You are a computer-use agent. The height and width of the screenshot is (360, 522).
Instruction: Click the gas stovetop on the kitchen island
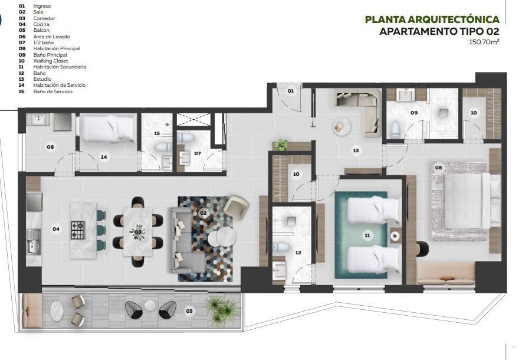click(78, 230)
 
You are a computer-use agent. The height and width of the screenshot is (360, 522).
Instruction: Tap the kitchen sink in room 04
click(34, 242)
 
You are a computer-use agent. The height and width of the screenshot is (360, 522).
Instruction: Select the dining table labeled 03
click(138, 232)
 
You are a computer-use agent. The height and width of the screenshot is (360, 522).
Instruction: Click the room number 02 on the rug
click(203, 213)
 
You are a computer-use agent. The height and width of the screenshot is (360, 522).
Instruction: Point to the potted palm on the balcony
click(221, 310)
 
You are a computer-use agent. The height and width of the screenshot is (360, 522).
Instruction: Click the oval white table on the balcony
click(57, 311)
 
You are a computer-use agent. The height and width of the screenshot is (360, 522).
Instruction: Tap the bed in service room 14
click(108, 129)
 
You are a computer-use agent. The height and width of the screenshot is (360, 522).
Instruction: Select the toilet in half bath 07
click(185, 138)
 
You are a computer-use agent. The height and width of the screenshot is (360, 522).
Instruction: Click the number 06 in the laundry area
click(50, 147)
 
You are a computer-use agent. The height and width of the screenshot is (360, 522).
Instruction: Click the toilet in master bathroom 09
click(395, 129)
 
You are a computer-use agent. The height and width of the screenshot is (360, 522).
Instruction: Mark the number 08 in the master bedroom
click(438, 168)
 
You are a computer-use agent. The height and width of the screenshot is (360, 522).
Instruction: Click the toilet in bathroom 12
click(281, 247)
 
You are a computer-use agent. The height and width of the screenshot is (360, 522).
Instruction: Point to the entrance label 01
click(291, 91)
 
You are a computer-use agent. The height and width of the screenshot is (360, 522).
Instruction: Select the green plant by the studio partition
click(282, 145)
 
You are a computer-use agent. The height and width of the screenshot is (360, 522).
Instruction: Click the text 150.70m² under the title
click(484, 42)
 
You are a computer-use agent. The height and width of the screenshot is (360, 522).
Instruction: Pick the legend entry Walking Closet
click(51, 61)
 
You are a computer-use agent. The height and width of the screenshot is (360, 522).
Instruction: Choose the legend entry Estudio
click(42, 79)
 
